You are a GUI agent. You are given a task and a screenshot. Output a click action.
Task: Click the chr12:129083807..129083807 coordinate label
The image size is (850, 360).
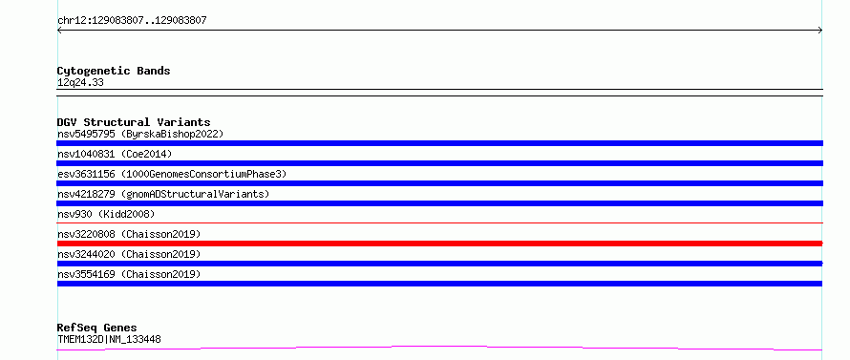click(x=132, y=21)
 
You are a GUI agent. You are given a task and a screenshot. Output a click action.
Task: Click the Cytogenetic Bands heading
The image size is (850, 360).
click(x=114, y=71)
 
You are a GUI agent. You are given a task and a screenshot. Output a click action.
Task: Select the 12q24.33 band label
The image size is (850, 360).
click(x=80, y=83)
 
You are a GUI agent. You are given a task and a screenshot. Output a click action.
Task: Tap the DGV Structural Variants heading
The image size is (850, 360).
click(x=134, y=122)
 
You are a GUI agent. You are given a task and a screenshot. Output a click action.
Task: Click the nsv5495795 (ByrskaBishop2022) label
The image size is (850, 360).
click(x=140, y=134)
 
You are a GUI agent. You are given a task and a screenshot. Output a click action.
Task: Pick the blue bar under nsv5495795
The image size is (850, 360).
click(x=439, y=143)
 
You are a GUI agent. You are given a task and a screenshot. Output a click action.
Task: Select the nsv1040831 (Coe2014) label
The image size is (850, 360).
click(x=115, y=154)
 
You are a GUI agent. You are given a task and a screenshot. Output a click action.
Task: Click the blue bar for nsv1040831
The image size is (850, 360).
click(x=439, y=163)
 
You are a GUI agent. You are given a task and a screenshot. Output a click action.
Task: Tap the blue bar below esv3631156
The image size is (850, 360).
click(x=439, y=183)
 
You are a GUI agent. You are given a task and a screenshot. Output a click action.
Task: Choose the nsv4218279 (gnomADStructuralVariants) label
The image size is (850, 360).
click(x=163, y=194)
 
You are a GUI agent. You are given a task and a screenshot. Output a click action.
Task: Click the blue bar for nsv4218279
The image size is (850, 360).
click(x=439, y=203)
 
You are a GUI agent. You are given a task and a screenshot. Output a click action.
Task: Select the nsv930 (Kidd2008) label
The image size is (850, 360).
click(x=106, y=214)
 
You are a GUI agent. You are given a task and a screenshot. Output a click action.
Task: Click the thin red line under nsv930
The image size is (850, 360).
click(x=439, y=222)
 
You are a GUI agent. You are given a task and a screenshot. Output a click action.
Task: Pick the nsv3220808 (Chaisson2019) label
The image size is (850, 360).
click(x=129, y=234)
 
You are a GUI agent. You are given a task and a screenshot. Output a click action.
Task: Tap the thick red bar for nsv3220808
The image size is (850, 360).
click(x=439, y=244)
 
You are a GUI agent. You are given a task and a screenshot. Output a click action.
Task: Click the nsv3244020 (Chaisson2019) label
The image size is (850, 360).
click(x=129, y=254)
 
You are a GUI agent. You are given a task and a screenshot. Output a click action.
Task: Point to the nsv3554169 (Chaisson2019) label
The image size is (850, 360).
click(x=129, y=274)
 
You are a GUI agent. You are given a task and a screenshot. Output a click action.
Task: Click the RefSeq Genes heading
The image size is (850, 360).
click(x=96, y=328)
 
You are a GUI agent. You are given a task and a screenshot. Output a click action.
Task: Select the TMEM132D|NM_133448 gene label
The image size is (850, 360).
click(x=109, y=340)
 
